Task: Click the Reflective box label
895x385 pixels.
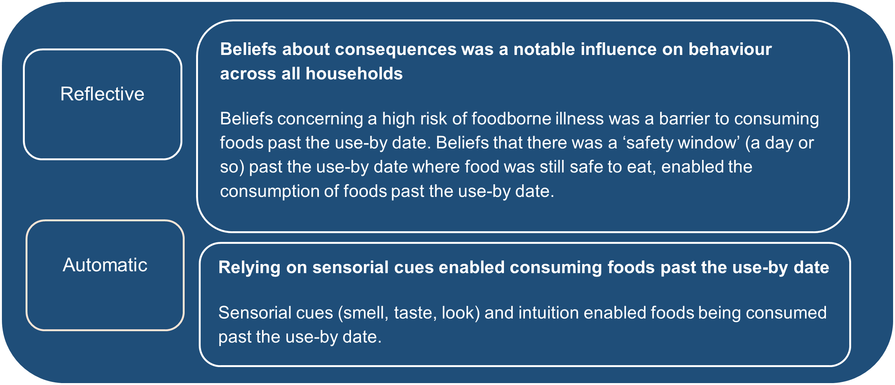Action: tap(102, 94)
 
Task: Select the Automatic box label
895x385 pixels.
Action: tap(105, 265)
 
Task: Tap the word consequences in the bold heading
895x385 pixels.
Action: tap(395, 49)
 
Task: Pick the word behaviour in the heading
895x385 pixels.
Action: tap(730, 49)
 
